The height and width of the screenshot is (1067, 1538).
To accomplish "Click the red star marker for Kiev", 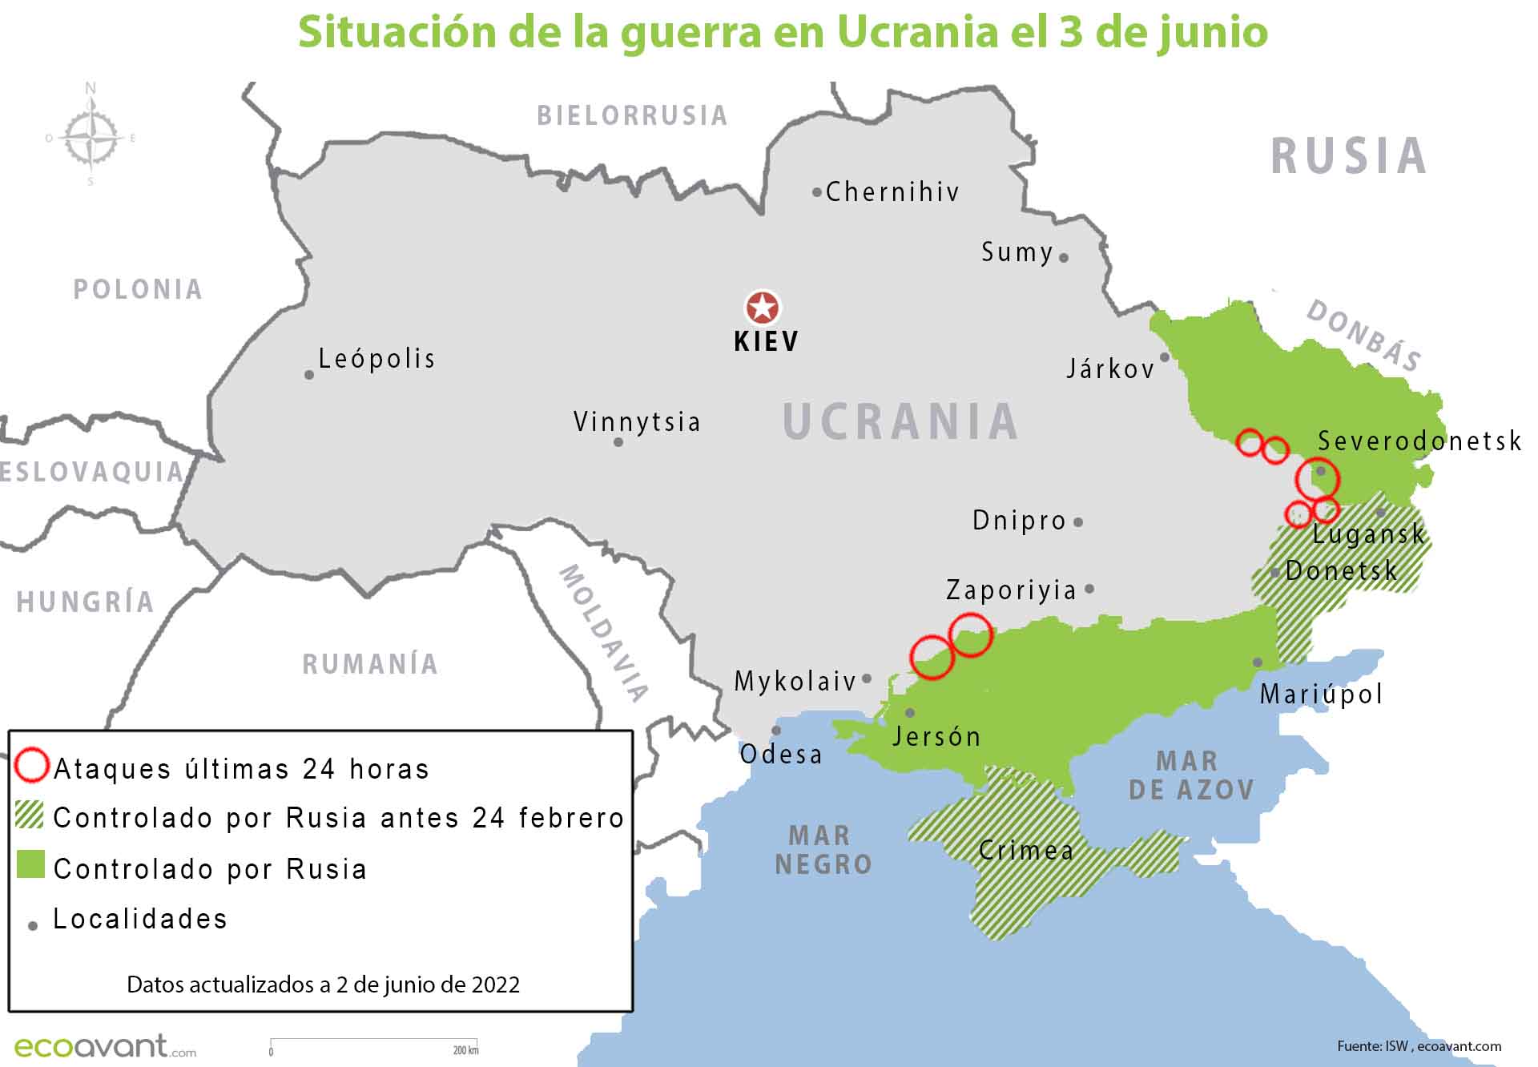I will pos(763,308).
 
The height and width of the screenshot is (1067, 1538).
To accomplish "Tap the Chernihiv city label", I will pos(892,192).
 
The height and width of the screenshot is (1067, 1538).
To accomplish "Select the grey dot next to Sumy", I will pos(1064,258).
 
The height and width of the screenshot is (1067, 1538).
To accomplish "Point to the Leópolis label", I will pos(376,358).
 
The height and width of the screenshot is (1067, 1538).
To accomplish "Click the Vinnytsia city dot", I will pos(618,442).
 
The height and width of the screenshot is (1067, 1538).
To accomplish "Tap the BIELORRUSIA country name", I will pos(632,116).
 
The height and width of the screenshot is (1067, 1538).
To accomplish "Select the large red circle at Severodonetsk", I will pos(1318,478).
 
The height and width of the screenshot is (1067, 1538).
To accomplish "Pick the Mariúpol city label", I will pos(1321,694).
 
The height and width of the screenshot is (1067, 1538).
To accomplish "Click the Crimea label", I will pos(1026,850).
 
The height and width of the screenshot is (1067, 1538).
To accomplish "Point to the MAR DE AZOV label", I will pos(1191,775).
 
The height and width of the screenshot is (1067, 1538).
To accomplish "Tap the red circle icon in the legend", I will pos(32,765).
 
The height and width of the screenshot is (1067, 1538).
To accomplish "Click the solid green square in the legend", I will pos(30,865).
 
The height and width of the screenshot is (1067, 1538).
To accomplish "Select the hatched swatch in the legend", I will pos(30,815).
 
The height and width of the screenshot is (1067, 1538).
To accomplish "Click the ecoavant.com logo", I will pos(104,1046).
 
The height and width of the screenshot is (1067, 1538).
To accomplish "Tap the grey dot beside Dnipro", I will pos(1078,522).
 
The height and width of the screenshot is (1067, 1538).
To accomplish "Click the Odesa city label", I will pos(781,755).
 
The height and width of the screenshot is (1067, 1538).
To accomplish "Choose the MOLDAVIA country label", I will pos(602,633).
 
